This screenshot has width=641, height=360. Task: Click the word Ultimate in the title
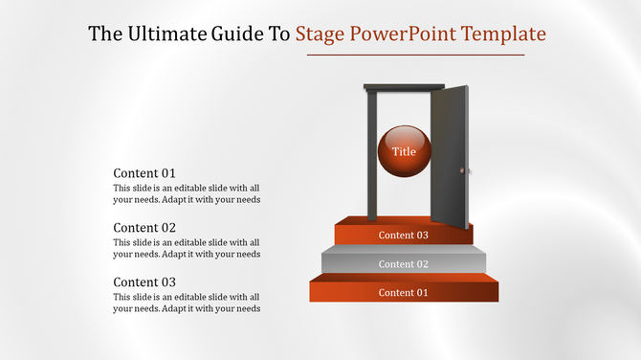pos(168,34)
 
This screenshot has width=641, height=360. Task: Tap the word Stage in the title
pos(320,34)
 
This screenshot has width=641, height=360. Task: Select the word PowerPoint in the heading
pos(403,34)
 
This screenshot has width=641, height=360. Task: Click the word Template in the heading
pos(503,34)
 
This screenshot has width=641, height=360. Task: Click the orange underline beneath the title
pos(416,55)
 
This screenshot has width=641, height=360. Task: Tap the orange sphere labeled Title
pos(405,151)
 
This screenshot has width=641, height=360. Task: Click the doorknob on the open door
pos(462,170)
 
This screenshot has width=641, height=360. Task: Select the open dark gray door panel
pos(450,157)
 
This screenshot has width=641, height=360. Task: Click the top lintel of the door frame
pos(404,87)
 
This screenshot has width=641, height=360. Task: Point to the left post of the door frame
pos(372,156)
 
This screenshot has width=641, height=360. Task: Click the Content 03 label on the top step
pos(403,236)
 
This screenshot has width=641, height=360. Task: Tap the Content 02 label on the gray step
pos(403,264)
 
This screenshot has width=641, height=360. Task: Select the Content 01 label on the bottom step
pos(403,293)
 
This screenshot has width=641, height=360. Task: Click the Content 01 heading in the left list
pos(144,173)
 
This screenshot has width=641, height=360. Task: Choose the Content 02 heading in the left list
pos(144,228)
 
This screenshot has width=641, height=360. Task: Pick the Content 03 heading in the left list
pos(144,281)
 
